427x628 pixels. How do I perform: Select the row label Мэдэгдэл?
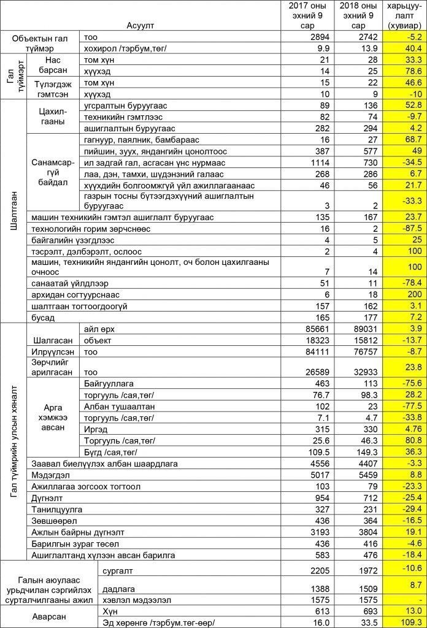[49, 475]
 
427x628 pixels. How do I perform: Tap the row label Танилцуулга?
[56, 509]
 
